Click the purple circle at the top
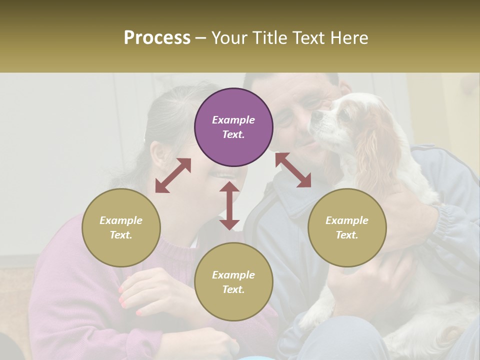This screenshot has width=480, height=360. point(233,127)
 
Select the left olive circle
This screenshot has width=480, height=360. point(121,227)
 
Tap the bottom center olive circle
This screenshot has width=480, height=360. point(233,282)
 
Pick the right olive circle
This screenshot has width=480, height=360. point(347,227)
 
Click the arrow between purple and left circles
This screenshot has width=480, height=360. point(173,175)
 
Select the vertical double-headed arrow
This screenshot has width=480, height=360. point(229,205)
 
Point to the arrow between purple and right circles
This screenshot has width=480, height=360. point(293,170)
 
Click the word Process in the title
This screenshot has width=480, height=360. point(157,38)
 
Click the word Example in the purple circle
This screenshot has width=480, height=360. point(233,120)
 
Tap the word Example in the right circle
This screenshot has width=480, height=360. point(347,220)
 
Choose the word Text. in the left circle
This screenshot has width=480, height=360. point(121,235)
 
